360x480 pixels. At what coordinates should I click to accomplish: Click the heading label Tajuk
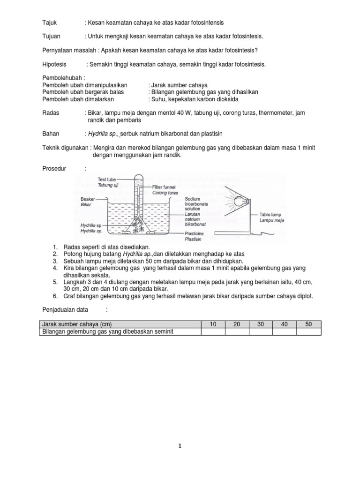(x=50, y=22)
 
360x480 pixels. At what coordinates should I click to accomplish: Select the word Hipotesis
(x=54, y=64)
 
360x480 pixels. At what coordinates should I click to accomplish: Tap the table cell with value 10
(x=213, y=324)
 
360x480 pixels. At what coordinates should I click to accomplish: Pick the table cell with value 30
(x=261, y=324)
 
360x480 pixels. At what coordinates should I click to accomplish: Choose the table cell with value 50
(x=309, y=324)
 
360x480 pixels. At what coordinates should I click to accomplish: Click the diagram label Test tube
(x=107, y=180)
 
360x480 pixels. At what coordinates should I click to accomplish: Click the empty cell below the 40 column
(x=285, y=332)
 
